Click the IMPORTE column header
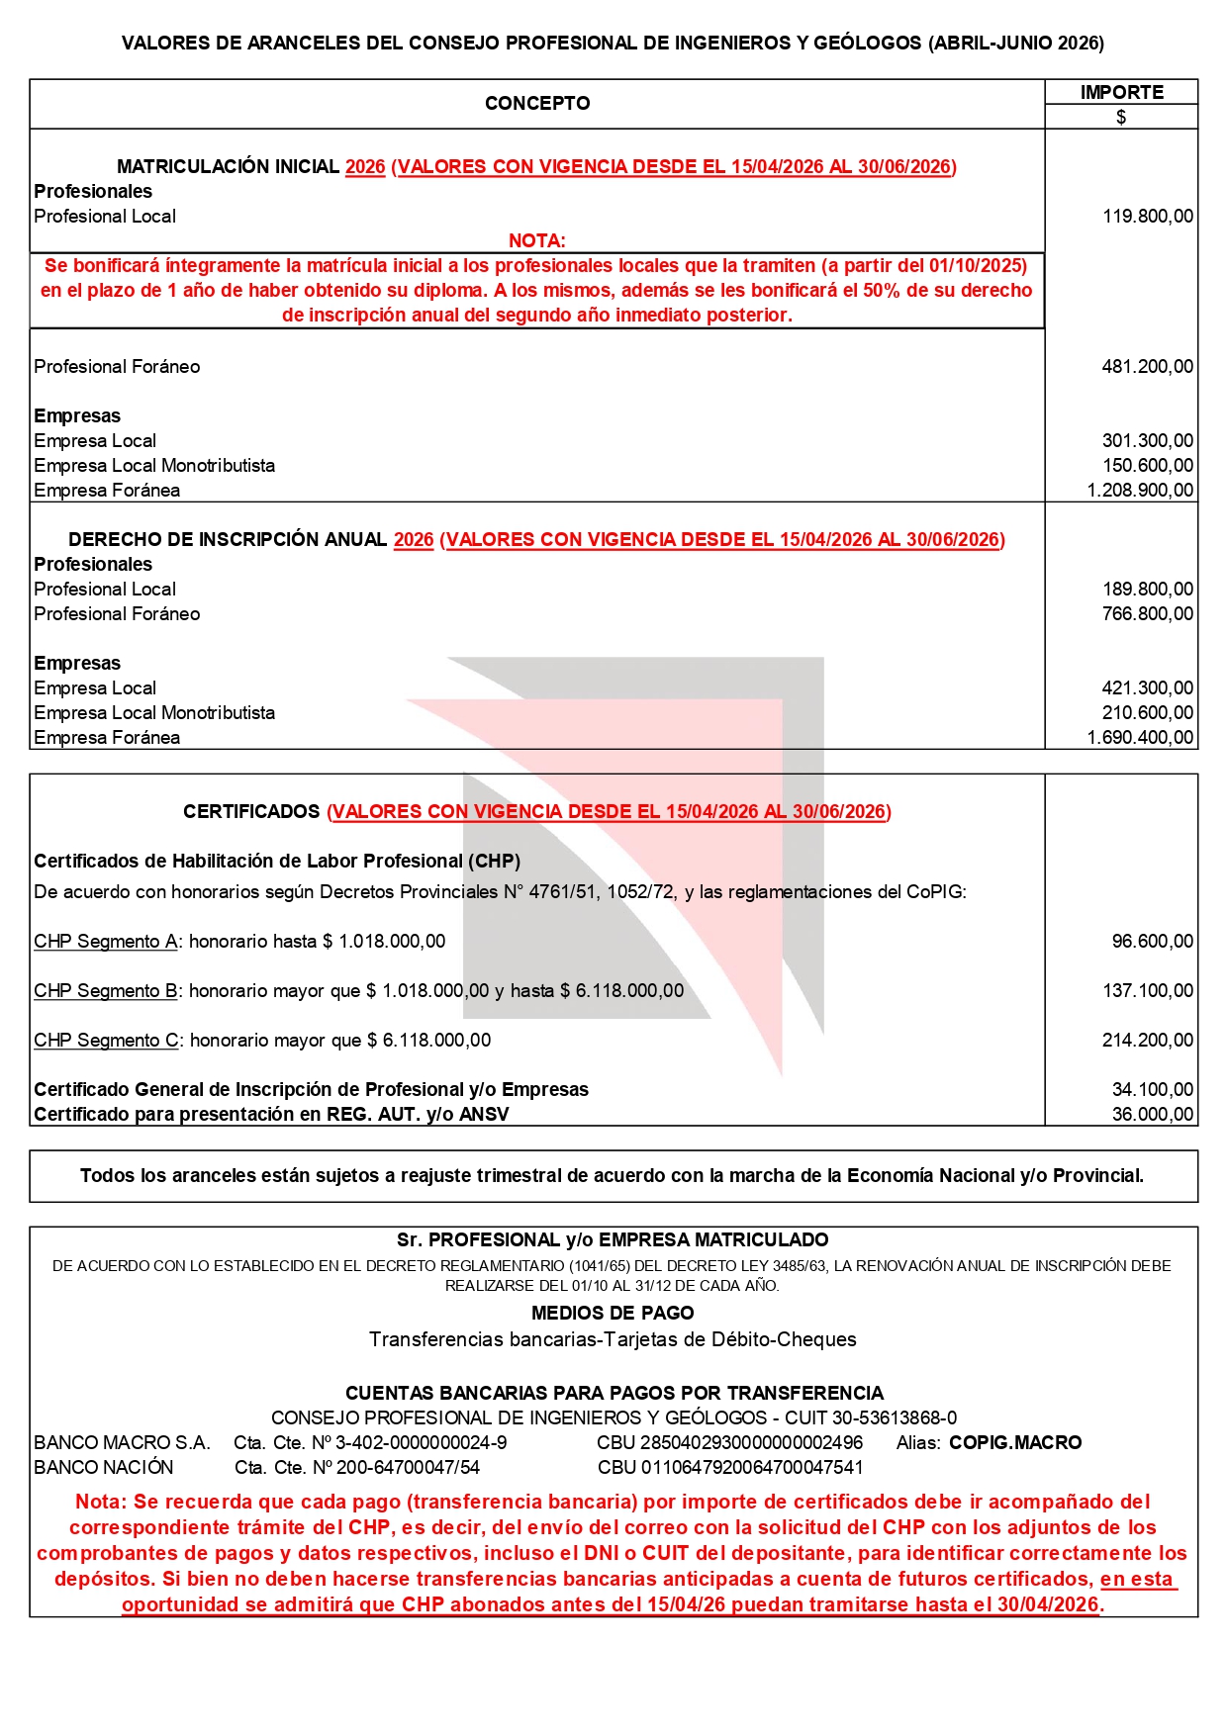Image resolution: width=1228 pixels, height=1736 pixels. pyautogui.click(x=1121, y=92)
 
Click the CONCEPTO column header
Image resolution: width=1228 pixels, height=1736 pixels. pyautogui.click(x=537, y=103)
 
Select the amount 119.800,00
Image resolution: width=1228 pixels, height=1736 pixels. pyautogui.click(x=1148, y=216)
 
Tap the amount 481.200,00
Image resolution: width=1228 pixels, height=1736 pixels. pyautogui.click(x=1147, y=366)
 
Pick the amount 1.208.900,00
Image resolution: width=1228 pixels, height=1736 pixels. pyautogui.click(x=1140, y=490)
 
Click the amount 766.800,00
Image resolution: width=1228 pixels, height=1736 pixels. pyautogui.click(x=1147, y=613)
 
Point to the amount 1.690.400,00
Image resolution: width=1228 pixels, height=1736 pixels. pyautogui.click(x=1140, y=737)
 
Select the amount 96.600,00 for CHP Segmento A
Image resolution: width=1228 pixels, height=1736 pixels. pyautogui.click(x=1152, y=941)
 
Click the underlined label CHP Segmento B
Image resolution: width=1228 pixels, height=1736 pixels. pyautogui.click(x=106, y=990)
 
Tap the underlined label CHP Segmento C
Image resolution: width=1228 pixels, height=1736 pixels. pyautogui.click(x=106, y=1040)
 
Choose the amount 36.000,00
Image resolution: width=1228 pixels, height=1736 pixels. pyautogui.click(x=1152, y=1114)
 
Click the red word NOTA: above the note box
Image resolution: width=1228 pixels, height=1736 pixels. pyautogui.click(x=537, y=240)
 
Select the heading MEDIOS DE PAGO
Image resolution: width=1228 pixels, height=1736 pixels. pyautogui.click(x=613, y=1313)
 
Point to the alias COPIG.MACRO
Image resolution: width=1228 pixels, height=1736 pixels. pyautogui.click(x=1015, y=1442)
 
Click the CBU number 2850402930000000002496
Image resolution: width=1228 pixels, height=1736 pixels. pyautogui.click(x=729, y=1442)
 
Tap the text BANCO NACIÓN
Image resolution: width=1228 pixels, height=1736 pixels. pyautogui.click(x=104, y=1467)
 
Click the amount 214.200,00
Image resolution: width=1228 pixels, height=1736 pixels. pyautogui.click(x=1147, y=1040)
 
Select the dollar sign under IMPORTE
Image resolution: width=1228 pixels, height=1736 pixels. pyautogui.click(x=1121, y=117)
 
